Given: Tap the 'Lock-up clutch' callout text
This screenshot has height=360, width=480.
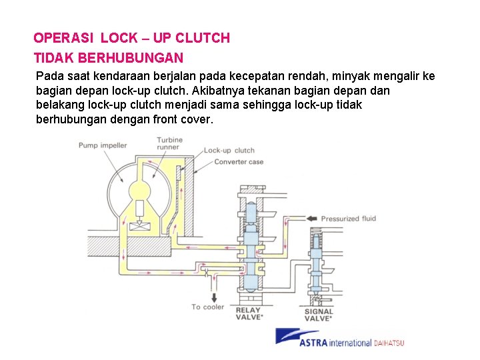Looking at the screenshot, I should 229,151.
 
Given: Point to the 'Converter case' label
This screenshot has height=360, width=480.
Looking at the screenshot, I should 239,162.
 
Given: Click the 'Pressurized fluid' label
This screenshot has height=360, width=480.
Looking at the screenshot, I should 349,219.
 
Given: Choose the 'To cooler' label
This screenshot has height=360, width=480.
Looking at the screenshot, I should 208,307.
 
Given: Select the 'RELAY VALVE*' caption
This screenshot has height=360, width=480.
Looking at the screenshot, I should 249,313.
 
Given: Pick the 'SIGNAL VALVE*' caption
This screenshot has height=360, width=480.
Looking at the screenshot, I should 318,315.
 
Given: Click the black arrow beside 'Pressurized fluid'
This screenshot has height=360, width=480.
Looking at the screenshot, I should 311,218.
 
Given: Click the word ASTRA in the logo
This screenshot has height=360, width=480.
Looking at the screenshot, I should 316,343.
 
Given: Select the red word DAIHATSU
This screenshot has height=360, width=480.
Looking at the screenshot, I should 389,343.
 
